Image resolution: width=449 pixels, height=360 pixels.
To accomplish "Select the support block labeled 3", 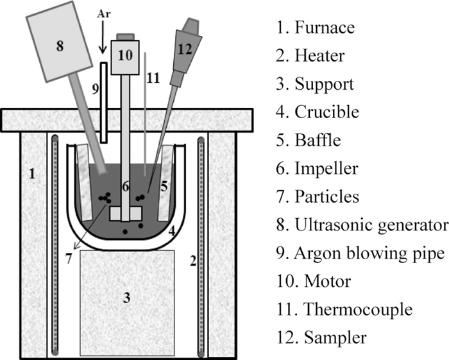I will [x=127, y=299].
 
